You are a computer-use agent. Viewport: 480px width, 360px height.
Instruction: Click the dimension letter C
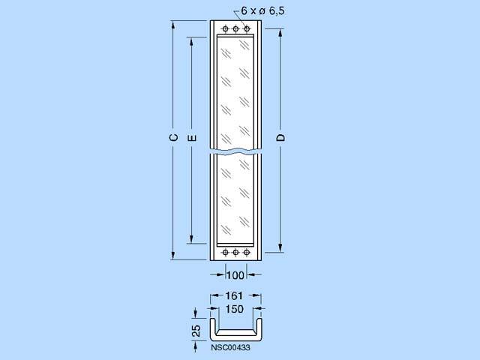(173, 138)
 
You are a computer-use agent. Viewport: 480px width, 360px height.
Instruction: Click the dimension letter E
(192, 138)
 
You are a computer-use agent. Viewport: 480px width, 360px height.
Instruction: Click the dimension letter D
(280, 138)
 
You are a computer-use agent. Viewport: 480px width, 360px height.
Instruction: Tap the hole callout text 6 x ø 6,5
(262, 11)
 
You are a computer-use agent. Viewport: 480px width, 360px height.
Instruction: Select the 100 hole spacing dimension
(235, 275)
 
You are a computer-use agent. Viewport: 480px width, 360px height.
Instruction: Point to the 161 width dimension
(234, 295)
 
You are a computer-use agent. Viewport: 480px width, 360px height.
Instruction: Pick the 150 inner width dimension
(234, 309)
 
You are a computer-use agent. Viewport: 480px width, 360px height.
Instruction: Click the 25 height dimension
(196, 331)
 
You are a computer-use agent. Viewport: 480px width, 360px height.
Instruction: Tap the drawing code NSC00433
(230, 347)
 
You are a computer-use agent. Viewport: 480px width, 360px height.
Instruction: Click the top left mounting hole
(225, 28)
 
